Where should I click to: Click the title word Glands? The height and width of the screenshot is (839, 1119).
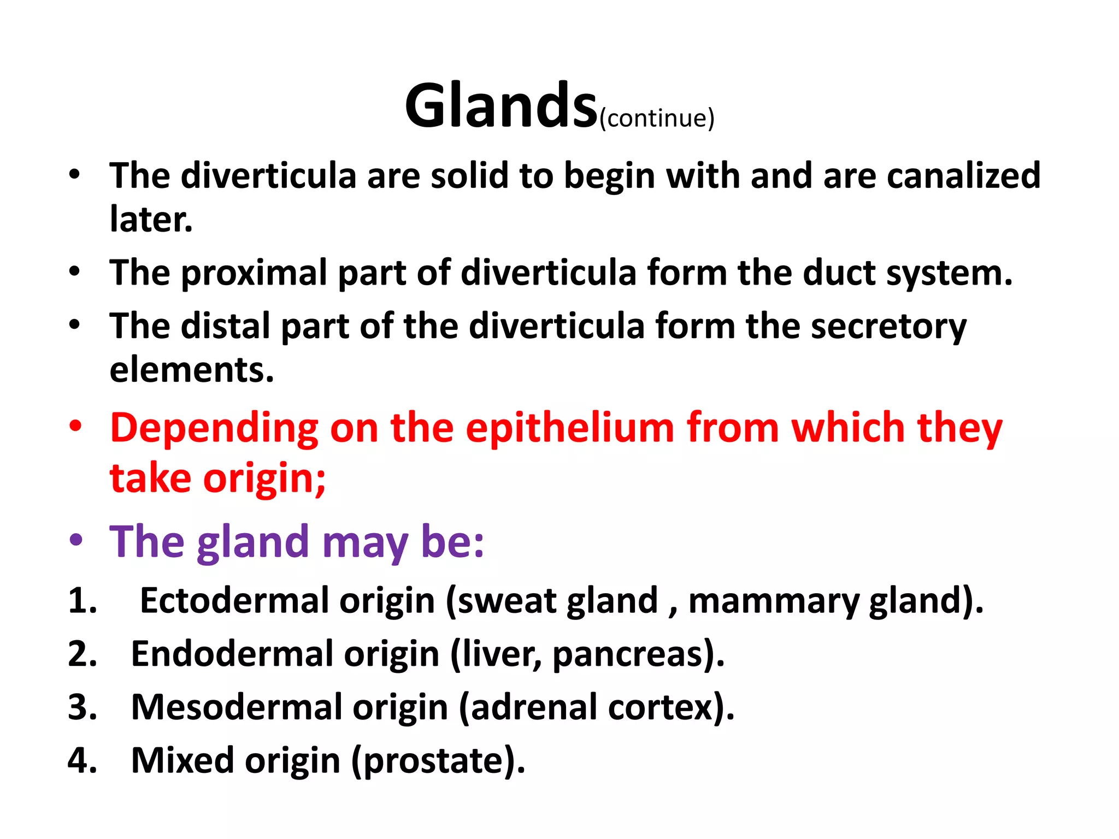[501, 105]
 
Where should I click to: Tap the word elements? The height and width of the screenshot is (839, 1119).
[191, 370]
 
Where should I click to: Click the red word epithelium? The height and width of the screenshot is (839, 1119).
[570, 428]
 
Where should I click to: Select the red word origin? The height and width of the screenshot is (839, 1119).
[264, 478]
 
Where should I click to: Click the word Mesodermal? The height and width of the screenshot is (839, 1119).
[236, 707]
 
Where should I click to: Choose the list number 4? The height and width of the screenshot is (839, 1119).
[82, 760]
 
